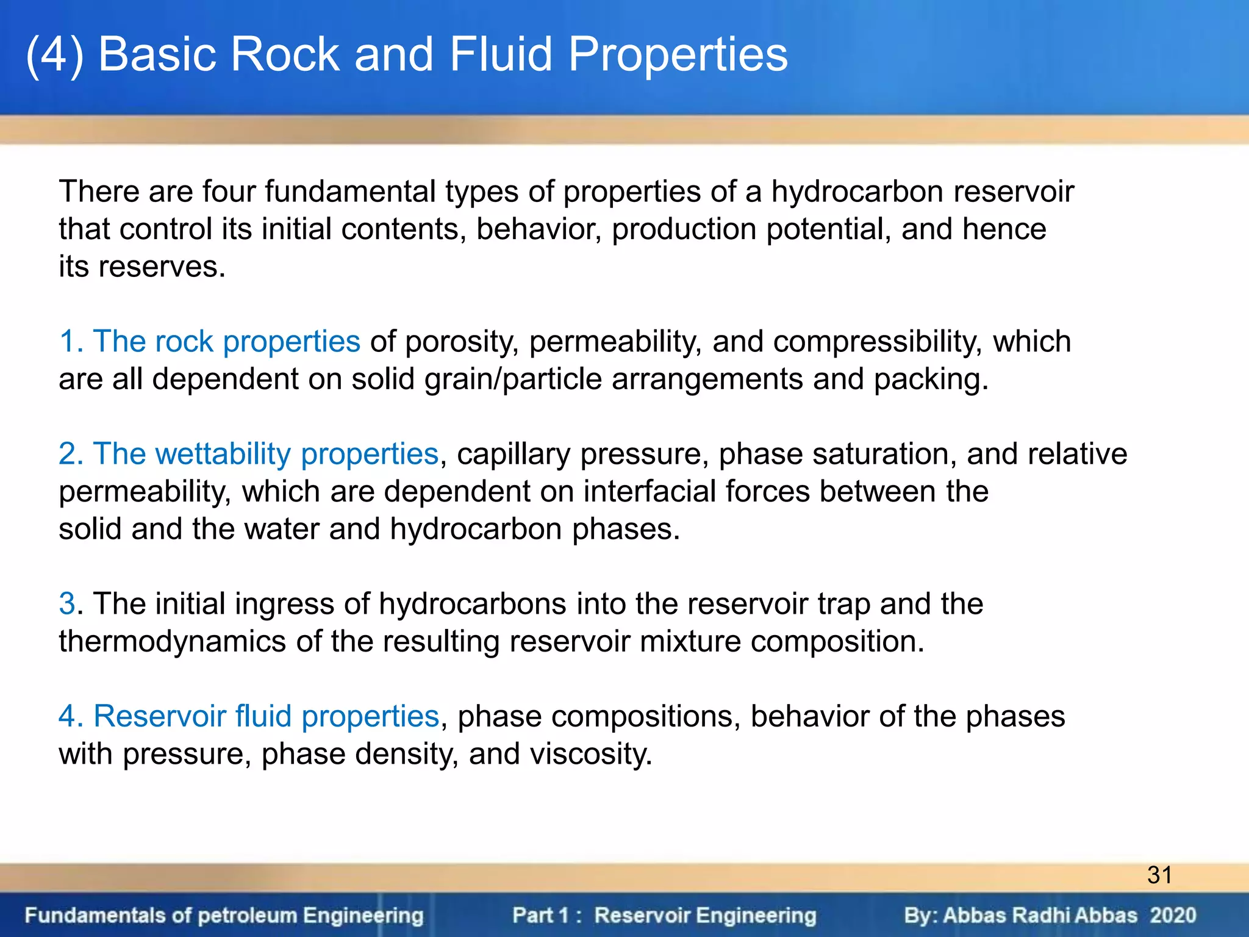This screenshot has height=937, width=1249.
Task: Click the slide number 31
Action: click(1159, 875)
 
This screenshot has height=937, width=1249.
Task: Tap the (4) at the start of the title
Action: click(55, 55)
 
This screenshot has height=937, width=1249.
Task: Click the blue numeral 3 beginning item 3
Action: click(67, 604)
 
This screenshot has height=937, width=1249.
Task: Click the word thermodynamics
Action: click(173, 642)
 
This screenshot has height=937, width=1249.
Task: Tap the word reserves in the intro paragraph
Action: click(161, 267)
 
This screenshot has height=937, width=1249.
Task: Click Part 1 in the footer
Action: click(540, 916)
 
